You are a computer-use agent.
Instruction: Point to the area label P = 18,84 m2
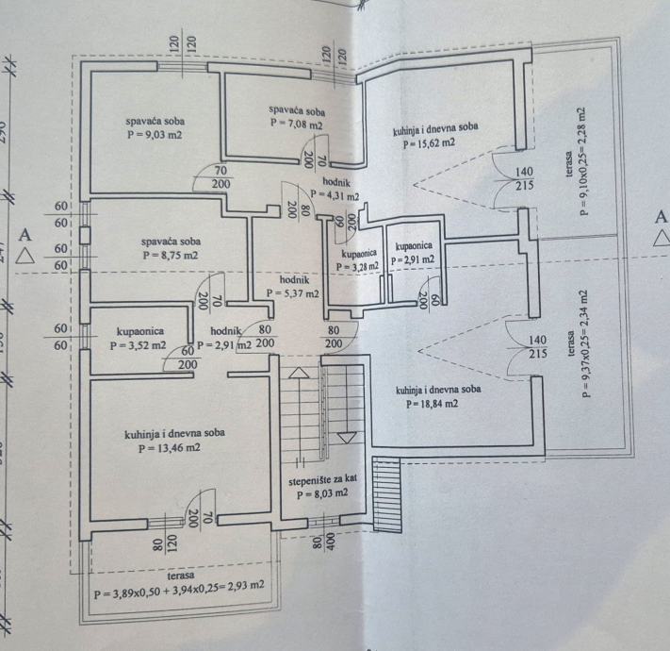pos(432,404)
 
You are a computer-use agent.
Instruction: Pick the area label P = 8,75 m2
pos(171,255)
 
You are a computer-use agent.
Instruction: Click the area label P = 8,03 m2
pos(322,493)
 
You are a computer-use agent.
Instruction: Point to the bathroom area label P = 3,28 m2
pos(357,267)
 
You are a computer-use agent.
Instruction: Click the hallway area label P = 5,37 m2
pos(292,293)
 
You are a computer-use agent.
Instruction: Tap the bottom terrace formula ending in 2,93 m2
pos(178,594)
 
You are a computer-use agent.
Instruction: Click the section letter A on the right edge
pos(661,217)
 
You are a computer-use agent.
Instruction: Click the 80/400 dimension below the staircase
pos(324,542)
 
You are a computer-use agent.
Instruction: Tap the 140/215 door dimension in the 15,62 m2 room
pos(525,178)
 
